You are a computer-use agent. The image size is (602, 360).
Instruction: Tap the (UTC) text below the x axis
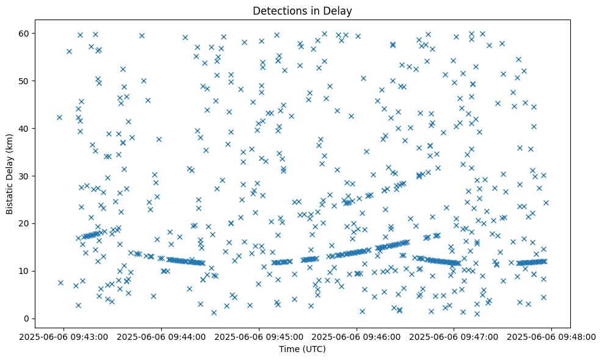point(314,350)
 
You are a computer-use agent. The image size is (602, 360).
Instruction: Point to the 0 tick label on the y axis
point(27,319)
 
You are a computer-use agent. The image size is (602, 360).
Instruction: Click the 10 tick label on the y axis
point(24,271)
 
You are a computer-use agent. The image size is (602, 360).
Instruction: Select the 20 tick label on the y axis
point(24,223)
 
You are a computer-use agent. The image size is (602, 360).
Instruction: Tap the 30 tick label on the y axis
point(24,176)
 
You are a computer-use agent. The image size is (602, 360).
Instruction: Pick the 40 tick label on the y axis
point(24,128)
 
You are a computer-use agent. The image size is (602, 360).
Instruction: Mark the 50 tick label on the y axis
point(24,81)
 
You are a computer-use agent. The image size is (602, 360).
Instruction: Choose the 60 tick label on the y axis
point(24,33)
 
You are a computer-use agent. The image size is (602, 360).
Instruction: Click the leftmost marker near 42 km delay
point(59,117)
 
